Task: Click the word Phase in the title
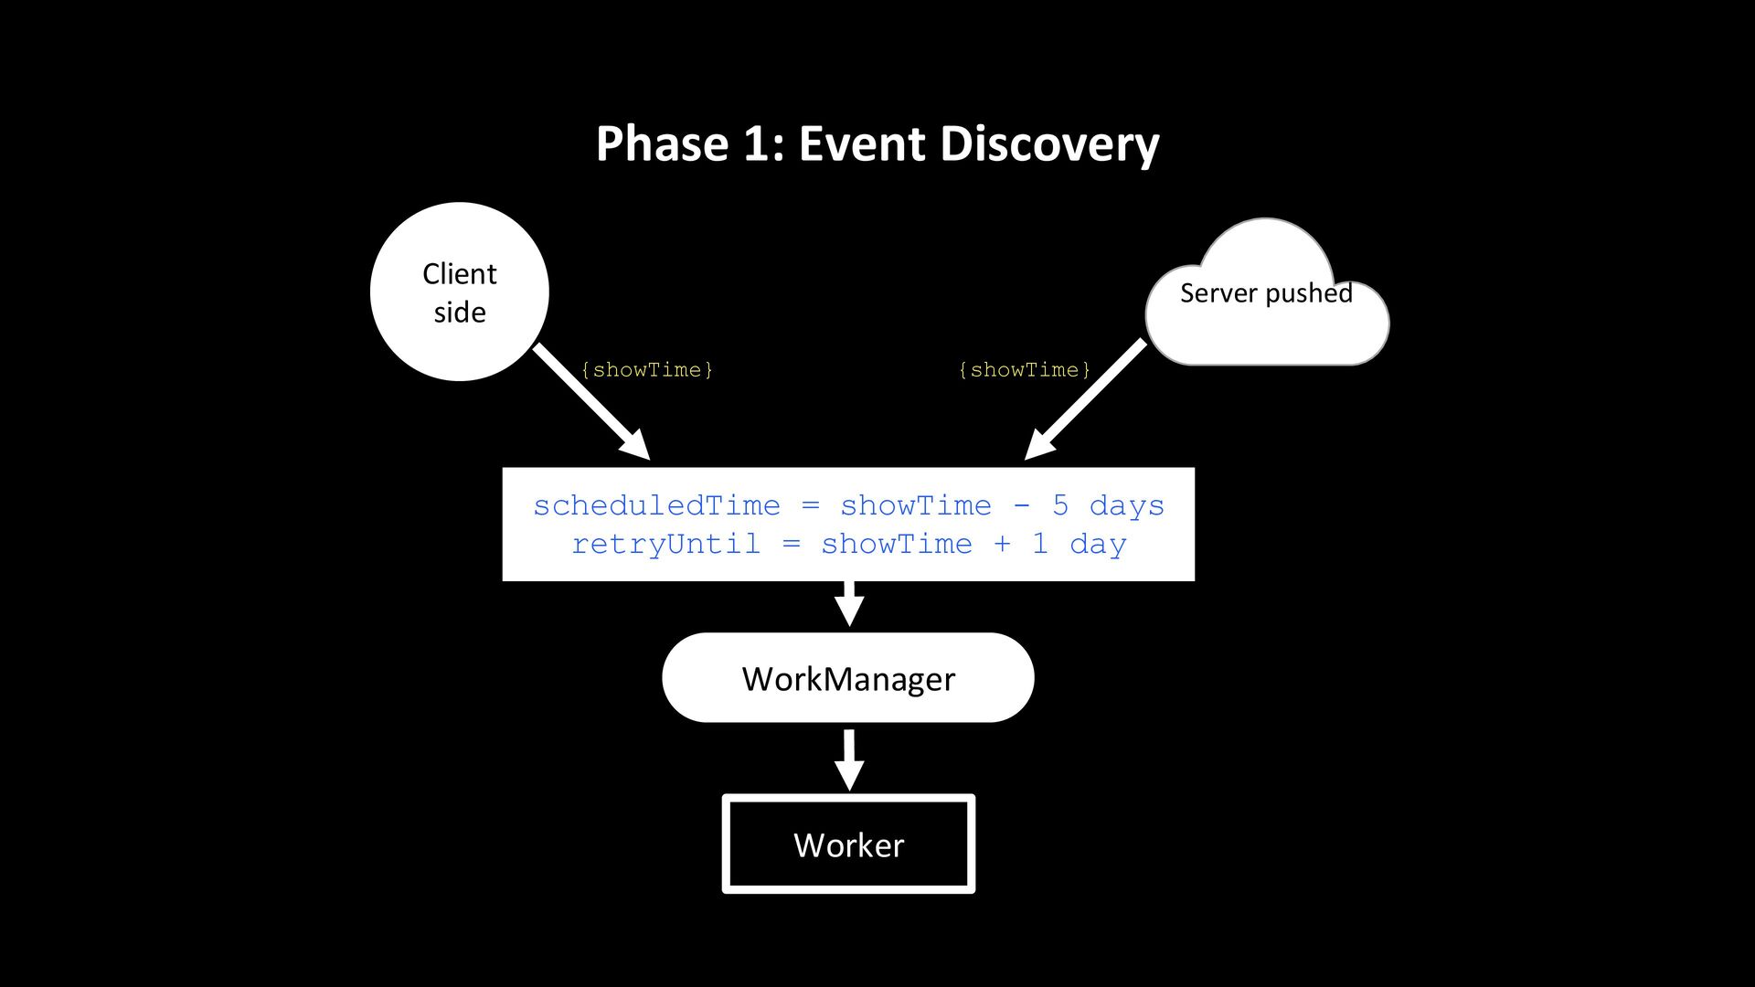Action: [664, 143]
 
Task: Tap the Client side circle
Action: [460, 292]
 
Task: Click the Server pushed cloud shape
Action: [1267, 292]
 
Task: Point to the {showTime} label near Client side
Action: [647, 370]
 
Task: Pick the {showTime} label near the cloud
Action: [1025, 370]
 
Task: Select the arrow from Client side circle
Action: [591, 401]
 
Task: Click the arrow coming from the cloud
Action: [1085, 399]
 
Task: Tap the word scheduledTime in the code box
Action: [656, 505]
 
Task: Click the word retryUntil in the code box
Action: [665, 545]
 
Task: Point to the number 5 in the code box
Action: [1060, 505]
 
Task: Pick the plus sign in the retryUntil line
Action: [1002, 545]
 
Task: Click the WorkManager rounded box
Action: [848, 678]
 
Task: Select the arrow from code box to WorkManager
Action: [850, 603]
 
